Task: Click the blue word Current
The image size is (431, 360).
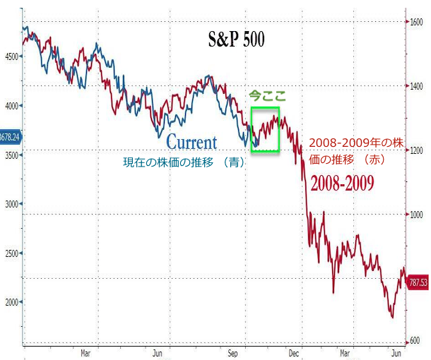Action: tap(191, 143)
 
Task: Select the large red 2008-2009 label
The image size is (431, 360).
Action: tap(342, 184)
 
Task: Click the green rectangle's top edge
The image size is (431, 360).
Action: tap(265, 107)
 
